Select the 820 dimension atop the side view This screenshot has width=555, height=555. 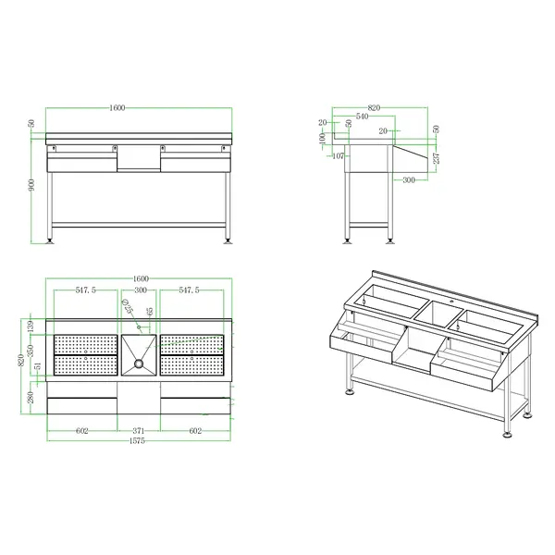coord(374,108)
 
